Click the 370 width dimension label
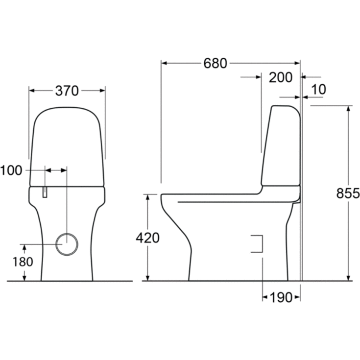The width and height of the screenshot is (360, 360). click(x=67, y=91)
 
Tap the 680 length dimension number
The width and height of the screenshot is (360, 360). click(x=216, y=63)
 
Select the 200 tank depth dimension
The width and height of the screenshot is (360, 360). click(x=281, y=77)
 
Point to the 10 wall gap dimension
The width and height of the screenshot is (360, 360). click(x=318, y=89)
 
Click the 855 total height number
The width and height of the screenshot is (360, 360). click(x=348, y=193)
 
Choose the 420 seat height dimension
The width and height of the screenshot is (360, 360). click(x=147, y=238)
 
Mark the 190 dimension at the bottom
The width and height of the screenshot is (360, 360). click(x=281, y=298)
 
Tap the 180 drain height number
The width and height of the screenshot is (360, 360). click(x=23, y=262)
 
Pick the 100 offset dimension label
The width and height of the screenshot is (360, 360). click(x=11, y=170)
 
